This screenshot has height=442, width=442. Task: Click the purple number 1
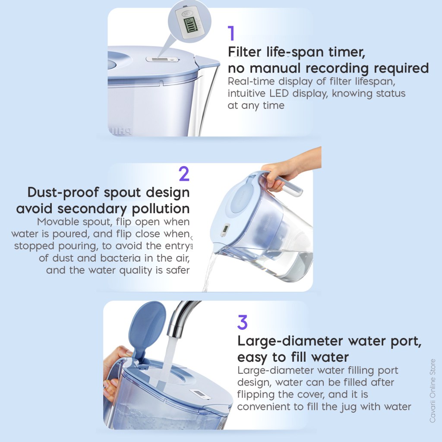(231, 33)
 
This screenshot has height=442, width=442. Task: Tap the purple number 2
(184, 174)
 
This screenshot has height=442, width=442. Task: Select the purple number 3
(243, 322)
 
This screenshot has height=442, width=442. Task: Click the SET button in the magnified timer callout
(187, 14)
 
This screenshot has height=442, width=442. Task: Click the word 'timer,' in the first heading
(347, 52)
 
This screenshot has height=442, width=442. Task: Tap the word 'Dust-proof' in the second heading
(63, 193)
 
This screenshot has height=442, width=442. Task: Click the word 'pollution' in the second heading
(161, 209)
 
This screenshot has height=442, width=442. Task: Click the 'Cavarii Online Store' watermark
(433, 391)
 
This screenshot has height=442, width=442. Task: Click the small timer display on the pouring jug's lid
(225, 229)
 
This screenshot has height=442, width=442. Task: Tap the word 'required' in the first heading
(401, 69)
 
